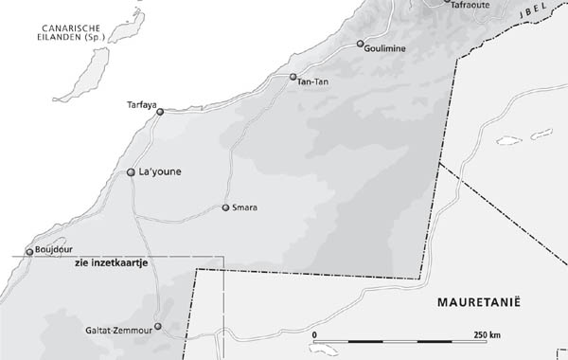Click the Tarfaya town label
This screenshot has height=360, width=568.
(140, 105)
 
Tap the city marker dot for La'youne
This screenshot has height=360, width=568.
(131, 172)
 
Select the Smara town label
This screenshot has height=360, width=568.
(244, 207)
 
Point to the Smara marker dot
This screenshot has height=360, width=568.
(225, 207)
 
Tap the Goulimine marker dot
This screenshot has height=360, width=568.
(361, 44)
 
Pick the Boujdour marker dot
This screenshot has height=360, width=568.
(29, 251)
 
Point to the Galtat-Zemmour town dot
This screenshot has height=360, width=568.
(158, 327)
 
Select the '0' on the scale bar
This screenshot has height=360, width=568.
(314, 335)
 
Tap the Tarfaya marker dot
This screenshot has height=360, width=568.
(160, 112)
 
